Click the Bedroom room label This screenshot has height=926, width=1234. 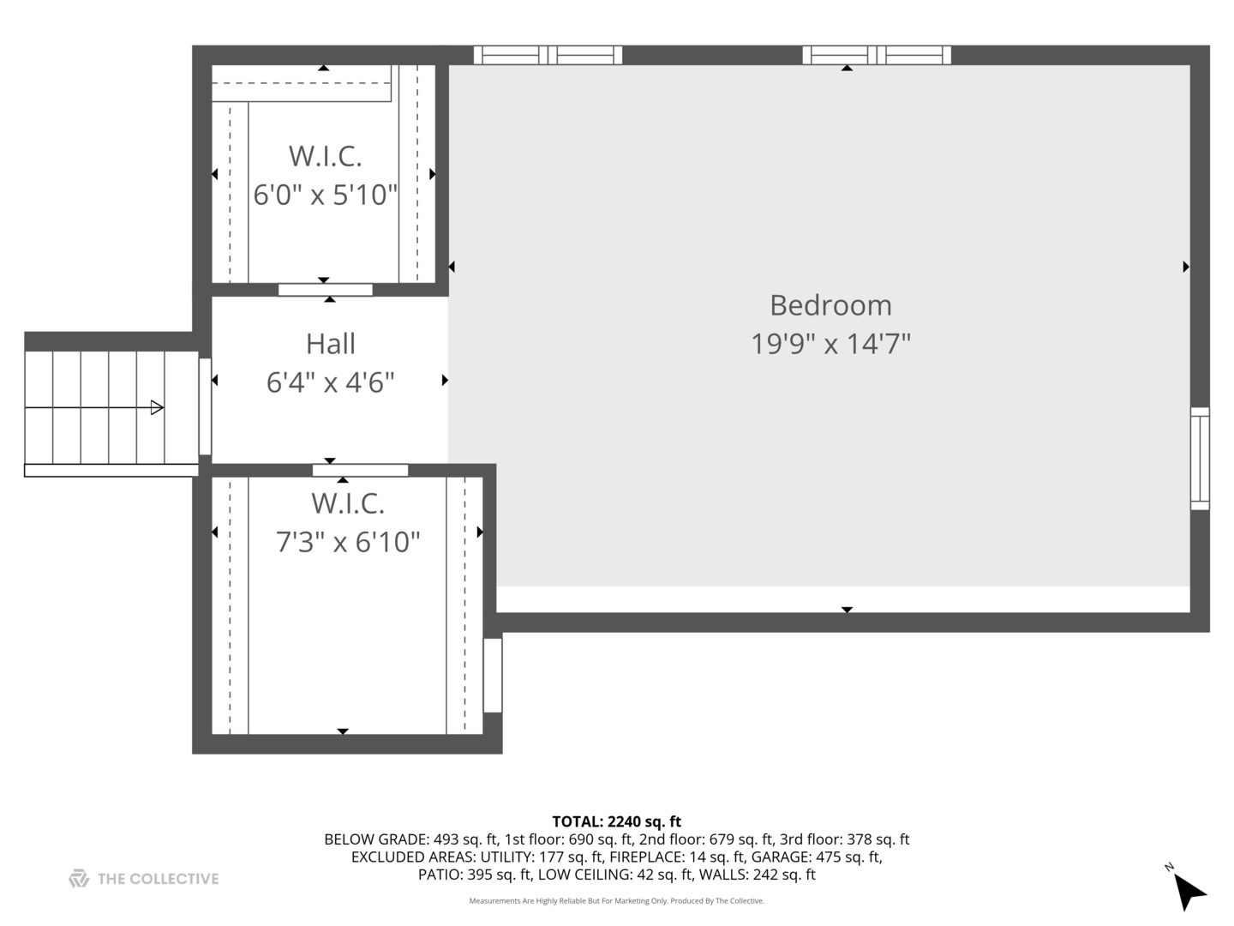coord(830,305)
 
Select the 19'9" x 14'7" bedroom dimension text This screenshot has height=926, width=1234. coord(830,344)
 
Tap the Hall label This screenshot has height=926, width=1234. coord(330,344)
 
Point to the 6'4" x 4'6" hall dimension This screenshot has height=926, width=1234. coord(330,382)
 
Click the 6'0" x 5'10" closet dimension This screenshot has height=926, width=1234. coord(326,195)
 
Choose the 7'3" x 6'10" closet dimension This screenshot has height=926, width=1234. coord(348,542)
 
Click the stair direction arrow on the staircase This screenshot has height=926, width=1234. coord(157,407)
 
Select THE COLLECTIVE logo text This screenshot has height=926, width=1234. coord(158,879)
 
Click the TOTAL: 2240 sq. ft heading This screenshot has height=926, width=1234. coord(616,822)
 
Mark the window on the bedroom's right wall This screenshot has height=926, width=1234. coord(1200,459)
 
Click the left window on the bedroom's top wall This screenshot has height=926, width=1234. coord(548,56)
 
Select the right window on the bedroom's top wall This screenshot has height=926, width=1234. coord(877,56)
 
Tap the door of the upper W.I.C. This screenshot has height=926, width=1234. coord(326,290)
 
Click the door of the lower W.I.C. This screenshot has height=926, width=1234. coord(360,470)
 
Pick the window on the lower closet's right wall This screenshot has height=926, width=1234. coord(493,675)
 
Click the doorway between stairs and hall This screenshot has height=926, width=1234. coord(205,406)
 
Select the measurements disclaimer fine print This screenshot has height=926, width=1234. coord(616,901)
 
